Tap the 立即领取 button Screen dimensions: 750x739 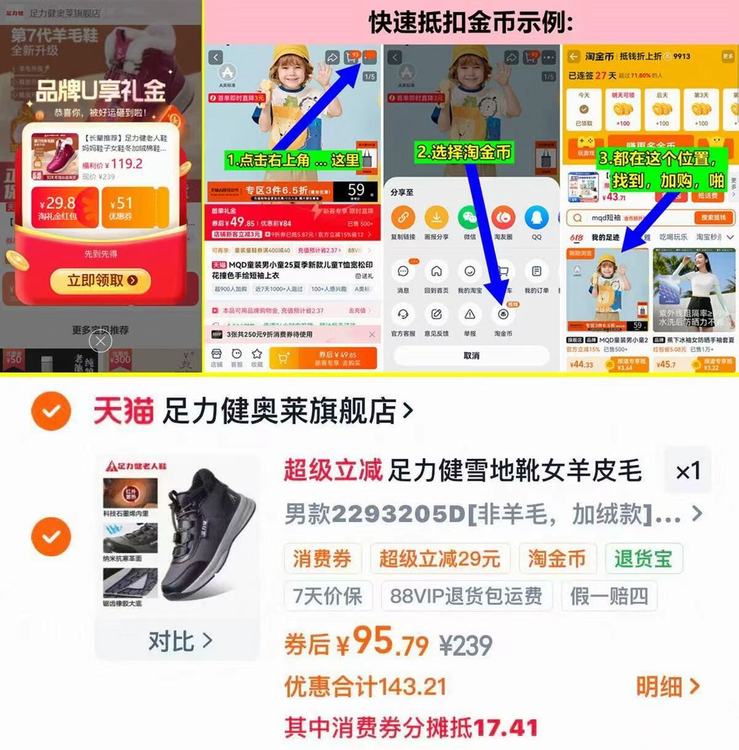102,281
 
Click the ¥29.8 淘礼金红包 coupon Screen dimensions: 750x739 57,208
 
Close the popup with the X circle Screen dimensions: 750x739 100,341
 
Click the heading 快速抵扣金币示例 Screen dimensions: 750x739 471,23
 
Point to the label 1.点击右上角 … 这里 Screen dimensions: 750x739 293,161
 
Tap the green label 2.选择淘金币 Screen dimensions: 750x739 464,152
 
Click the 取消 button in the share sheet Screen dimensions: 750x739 471,355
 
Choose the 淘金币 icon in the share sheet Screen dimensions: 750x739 503,315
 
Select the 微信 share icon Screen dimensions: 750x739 470,218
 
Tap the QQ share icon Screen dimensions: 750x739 536,218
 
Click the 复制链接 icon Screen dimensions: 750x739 403,218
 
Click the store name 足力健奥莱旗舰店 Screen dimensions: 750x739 280,411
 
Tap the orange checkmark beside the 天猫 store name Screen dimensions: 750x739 51,411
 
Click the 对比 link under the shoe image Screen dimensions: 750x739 179,641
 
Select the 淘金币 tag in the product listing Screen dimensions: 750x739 557,558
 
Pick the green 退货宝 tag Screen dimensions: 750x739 643,558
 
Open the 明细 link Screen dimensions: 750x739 668,687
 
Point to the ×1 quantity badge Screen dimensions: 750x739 688,472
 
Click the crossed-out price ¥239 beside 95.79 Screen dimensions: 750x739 466,645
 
